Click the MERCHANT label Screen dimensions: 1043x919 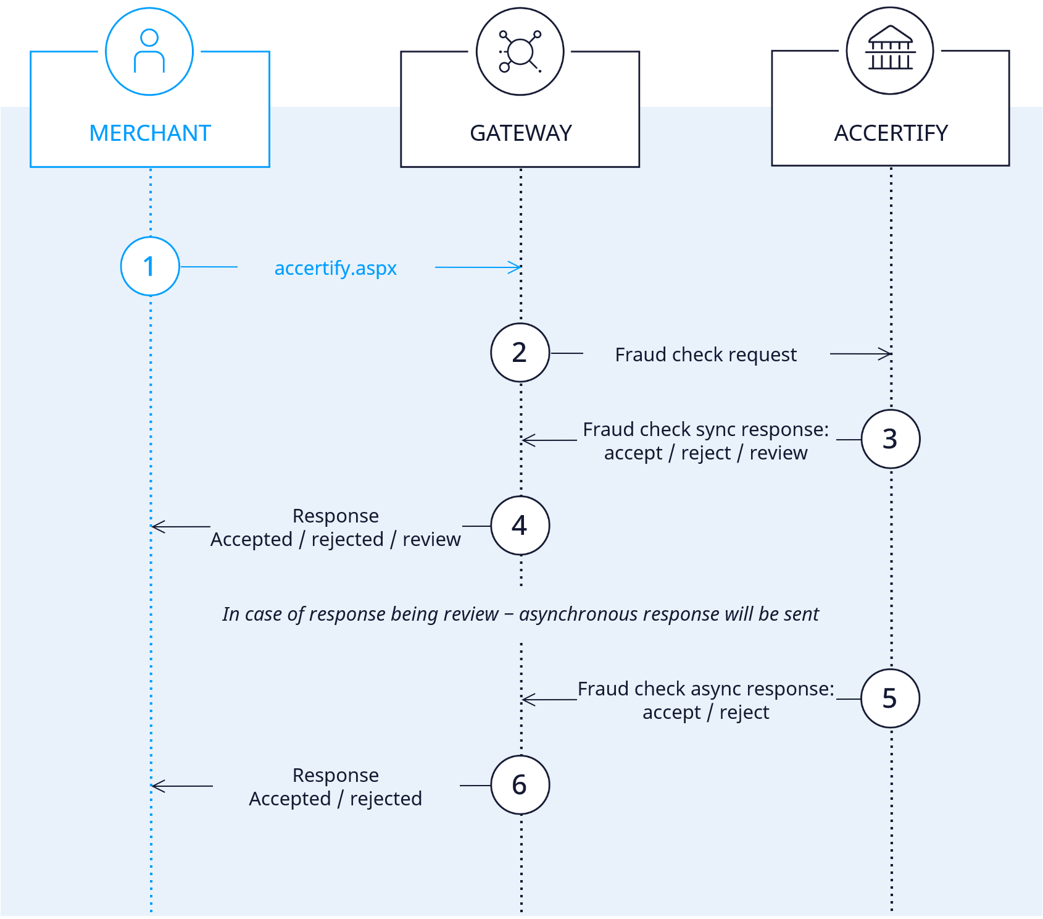[x=150, y=133]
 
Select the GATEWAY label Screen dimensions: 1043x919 [x=521, y=133]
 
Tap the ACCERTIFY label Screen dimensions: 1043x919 [x=891, y=133]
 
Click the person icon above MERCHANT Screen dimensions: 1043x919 [x=149, y=51]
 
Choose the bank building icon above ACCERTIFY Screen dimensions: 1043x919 [x=890, y=48]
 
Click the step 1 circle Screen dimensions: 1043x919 [x=150, y=266]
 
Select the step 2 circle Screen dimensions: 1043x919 [x=520, y=353]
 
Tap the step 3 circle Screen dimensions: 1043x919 [x=891, y=439]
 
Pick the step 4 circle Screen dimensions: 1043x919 [x=520, y=526]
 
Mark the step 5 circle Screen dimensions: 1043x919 [x=891, y=699]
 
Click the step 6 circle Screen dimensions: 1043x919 [x=520, y=785]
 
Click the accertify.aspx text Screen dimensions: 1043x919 [x=336, y=269]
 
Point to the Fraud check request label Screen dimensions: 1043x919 [x=706, y=355]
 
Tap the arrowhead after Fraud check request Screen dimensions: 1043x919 [x=886, y=354]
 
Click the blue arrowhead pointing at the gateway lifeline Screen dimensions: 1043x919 [x=516, y=267]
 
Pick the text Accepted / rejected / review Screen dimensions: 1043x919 [x=336, y=539]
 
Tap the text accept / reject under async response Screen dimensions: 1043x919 [x=706, y=712]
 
